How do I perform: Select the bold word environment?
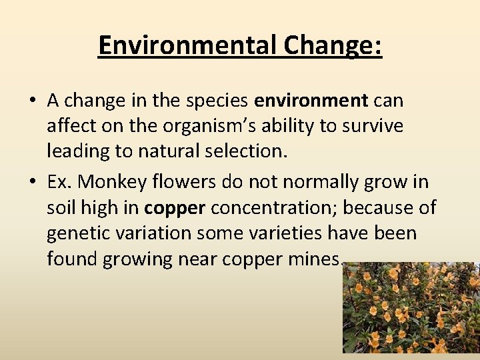311,100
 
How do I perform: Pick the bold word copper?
175,207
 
